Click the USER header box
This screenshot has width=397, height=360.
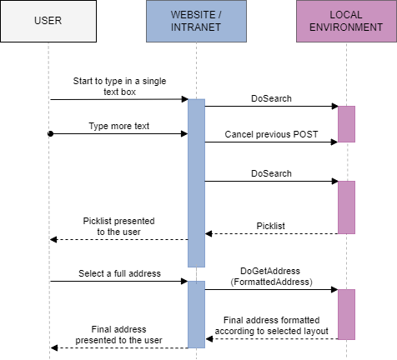pos(48,21)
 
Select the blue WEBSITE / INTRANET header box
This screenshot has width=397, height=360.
pos(196,21)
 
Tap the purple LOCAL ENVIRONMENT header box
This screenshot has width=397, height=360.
pos(345,21)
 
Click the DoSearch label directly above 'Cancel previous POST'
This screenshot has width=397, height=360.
pos(271,98)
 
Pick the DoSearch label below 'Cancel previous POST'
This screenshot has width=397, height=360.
pos(271,173)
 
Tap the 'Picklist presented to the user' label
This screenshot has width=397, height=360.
pos(118,227)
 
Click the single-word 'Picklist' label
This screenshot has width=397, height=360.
pos(270,226)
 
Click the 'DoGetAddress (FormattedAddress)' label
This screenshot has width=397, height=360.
pos(271,277)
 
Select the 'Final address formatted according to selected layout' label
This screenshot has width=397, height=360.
pos(272,326)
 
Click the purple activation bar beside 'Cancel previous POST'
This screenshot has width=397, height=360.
pos(346,123)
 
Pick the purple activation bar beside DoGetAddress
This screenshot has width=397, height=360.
pos(346,314)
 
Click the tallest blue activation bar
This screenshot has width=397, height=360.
pos(196,182)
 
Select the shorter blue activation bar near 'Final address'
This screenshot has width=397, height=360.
pos(196,314)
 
